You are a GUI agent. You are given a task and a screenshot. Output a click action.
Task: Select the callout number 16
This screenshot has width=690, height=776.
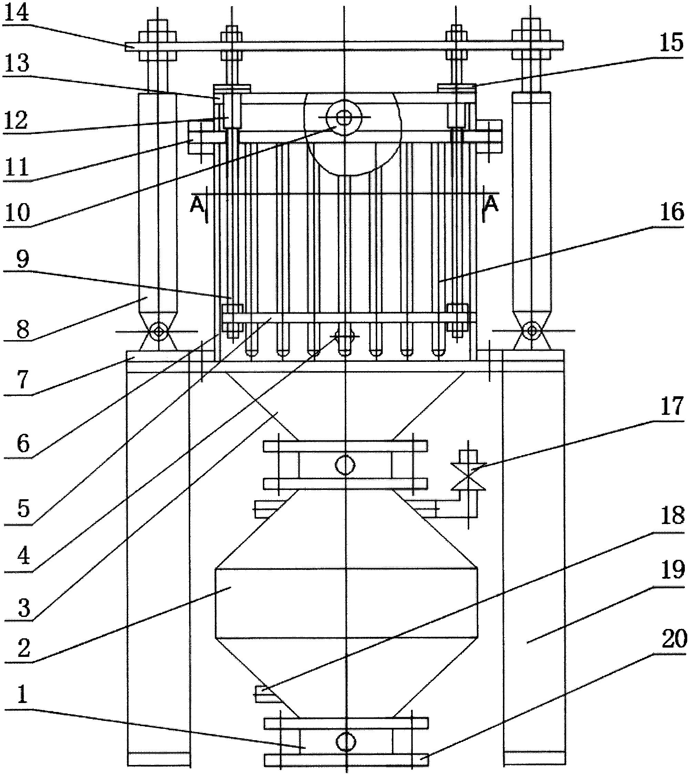tap(672, 211)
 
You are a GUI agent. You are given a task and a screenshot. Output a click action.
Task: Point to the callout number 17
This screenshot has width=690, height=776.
tap(672, 406)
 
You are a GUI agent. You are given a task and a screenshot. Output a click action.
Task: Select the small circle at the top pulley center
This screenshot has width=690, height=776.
tap(344, 117)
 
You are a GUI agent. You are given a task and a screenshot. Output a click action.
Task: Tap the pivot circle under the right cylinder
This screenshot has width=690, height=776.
tap(532, 331)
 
